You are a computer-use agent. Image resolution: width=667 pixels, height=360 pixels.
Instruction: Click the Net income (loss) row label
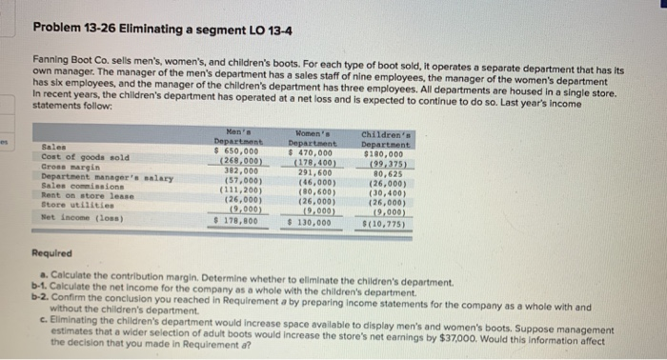(x=80, y=217)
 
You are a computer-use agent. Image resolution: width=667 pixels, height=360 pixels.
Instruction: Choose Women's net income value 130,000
(x=311, y=221)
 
